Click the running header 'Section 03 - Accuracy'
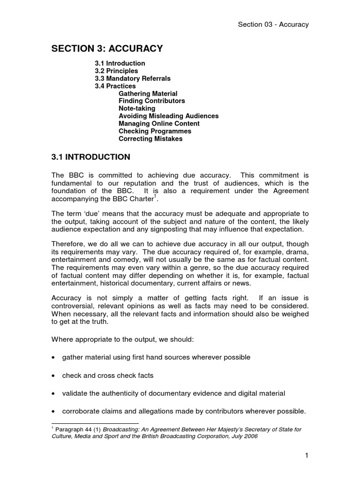click(273, 24)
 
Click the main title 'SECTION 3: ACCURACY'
click(107, 48)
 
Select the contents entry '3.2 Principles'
click(116, 71)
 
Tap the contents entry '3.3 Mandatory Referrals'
click(133, 78)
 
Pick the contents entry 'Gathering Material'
click(148, 94)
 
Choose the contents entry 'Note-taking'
click(137, 109)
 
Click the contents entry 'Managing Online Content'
click(159, 124)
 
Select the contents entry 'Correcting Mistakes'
click(150, 139)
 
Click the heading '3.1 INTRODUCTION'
click(90, 157)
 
